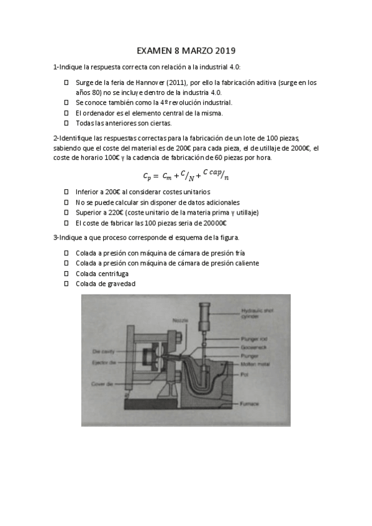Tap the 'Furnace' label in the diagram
[249, 404]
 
